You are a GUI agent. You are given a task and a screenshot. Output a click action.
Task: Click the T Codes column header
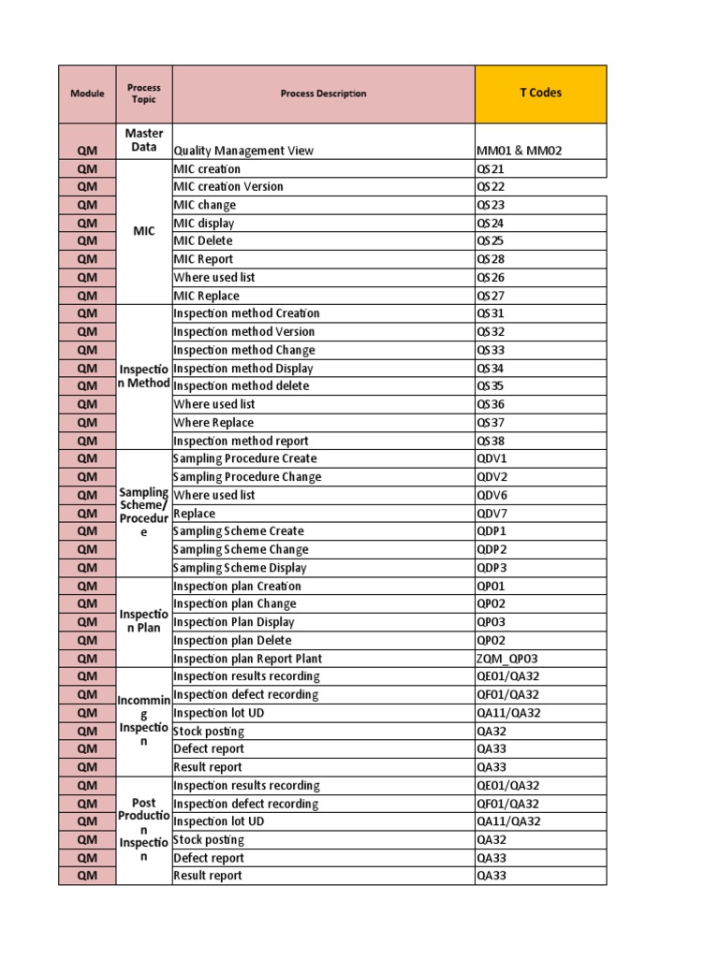540,94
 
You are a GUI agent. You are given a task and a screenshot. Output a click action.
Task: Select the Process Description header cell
323,94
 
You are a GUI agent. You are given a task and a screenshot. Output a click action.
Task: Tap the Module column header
87,94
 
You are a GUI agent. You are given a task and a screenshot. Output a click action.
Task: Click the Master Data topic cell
144,140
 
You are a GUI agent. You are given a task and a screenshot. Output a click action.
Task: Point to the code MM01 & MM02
520,151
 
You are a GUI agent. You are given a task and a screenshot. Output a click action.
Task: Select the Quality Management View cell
243,151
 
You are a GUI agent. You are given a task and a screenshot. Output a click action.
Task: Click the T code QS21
491,169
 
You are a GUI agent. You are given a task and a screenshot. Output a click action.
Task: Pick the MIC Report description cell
203,259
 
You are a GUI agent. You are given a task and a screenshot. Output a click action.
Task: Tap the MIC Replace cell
206,296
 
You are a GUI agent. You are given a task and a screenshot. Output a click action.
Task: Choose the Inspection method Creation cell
246,313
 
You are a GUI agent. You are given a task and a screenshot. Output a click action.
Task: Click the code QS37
491,423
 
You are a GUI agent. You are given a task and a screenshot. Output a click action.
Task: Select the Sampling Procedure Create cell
244,458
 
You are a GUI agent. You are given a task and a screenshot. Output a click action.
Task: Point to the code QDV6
492,495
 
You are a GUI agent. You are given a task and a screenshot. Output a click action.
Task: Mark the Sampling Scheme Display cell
240,568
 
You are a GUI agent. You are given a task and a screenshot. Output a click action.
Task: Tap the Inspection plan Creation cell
237,587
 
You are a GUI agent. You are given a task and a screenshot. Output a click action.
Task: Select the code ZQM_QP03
507,659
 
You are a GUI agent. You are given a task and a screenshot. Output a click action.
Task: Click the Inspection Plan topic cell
144,621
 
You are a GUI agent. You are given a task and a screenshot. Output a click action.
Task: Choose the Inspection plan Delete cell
232,641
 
